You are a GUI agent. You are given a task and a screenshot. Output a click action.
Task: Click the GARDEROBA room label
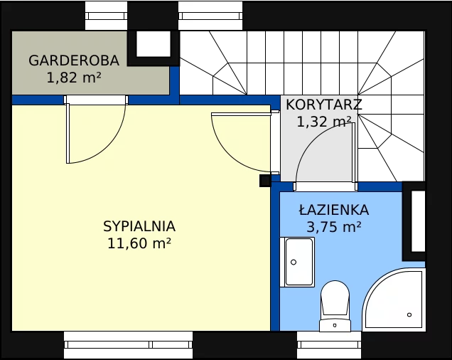(x=74, y=60)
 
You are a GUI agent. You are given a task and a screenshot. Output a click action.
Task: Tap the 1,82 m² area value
(x=74, y=78)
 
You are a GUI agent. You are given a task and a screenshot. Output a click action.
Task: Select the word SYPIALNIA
(x=139, y=226)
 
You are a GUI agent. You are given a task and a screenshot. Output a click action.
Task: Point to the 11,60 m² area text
(x=139, y=243)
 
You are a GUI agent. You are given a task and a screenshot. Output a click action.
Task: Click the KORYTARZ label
(x=324, y=105)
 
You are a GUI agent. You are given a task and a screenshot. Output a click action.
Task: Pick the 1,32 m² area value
(x=324, y=122)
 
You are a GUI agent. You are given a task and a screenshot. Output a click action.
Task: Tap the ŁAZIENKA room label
(x=334, y=210)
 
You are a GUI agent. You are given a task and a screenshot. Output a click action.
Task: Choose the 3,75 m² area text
(x=334, y=227)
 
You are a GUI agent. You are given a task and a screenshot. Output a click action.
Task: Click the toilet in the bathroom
(x=335, y=306)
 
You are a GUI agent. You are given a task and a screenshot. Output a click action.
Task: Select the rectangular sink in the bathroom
(x=297, y=262)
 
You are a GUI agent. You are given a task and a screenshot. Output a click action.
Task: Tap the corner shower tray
(x=394, y=299)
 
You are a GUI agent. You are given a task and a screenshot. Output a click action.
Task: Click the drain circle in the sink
(x=294, y=262)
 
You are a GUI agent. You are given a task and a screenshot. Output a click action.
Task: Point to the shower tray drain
(x=409, y=314)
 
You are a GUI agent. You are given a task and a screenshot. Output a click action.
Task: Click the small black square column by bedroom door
(x=265, y=181)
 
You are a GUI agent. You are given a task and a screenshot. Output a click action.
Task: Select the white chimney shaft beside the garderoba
(x=153, y=44)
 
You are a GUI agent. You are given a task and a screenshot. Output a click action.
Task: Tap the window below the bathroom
(x=329, y=344)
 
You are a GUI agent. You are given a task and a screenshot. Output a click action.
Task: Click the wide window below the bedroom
(x=128, y=344)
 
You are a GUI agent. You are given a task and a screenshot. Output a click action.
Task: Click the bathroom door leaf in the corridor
(x=353, y=152)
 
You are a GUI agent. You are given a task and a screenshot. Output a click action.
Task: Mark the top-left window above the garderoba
(x=106, y=16)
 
